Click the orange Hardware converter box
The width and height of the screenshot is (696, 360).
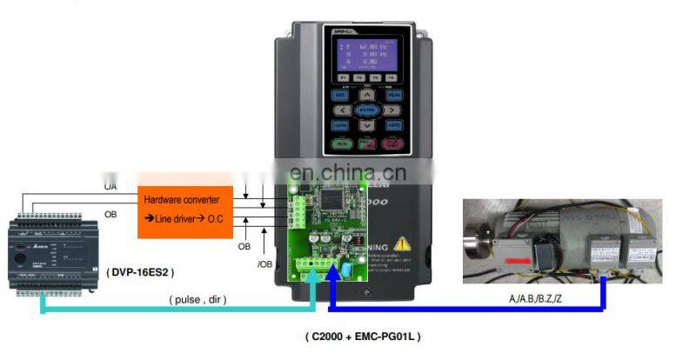185,211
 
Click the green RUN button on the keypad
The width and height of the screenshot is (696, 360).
341,143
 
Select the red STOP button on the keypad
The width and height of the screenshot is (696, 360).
392,143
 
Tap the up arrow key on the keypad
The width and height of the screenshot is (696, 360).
367,97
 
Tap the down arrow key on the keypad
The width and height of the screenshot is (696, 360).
367,126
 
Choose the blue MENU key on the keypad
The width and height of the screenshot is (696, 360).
393,95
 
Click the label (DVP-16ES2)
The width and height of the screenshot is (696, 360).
141,271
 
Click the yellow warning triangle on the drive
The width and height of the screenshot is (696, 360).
403,246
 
